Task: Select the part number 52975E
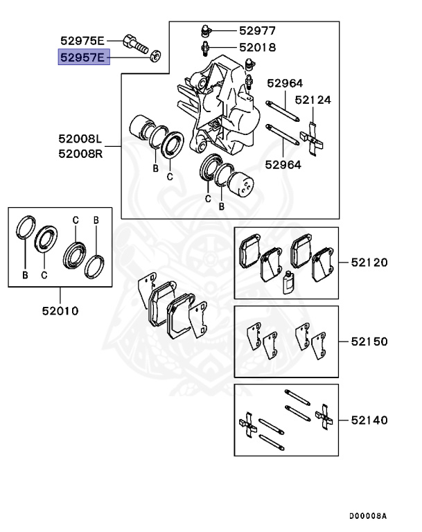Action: coord(82,40)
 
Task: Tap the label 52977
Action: coord(258,30)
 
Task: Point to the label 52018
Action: coord(258,48)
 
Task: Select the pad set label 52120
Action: coord(369,263)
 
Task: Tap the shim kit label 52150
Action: coord(369,342)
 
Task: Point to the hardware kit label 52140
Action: coord(369,420)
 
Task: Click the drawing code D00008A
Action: coord(367,516)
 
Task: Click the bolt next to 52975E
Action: coord(136,42)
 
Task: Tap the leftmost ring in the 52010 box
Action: coord(26,229)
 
